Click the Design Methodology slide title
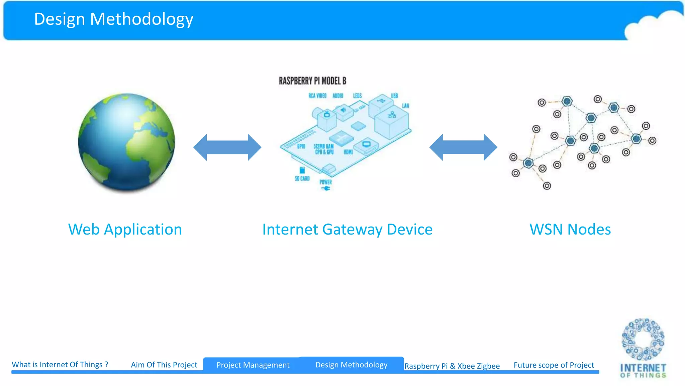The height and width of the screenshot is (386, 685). (114, 19)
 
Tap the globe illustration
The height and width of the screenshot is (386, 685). (126, 142)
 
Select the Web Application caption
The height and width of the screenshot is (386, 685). (125, 230)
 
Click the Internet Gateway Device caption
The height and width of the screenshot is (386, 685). (347, 230)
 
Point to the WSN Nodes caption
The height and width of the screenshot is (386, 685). (570, 230)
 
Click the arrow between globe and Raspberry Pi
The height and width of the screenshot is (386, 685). (227, 147)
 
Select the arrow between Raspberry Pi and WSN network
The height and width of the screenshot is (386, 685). (463, 147)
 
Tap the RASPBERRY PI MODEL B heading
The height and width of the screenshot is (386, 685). (312, 81)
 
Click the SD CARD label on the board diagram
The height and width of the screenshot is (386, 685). (302, 179)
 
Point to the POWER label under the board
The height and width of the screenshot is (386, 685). (325, 182)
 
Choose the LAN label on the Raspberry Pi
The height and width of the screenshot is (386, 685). (405, 106)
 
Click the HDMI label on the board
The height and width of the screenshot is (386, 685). (348, 152)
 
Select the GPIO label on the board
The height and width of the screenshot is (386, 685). (301, 146)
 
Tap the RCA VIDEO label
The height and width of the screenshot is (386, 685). (317, 96)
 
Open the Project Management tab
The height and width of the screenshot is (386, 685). (253, 365)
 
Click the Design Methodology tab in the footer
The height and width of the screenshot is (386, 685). (351, 365)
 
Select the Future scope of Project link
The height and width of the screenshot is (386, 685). (554, 365)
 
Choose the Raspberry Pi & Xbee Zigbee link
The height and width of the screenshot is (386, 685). (452, 366)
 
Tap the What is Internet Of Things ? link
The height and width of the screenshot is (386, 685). (60, 365)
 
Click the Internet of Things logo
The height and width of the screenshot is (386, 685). (643, 348)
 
